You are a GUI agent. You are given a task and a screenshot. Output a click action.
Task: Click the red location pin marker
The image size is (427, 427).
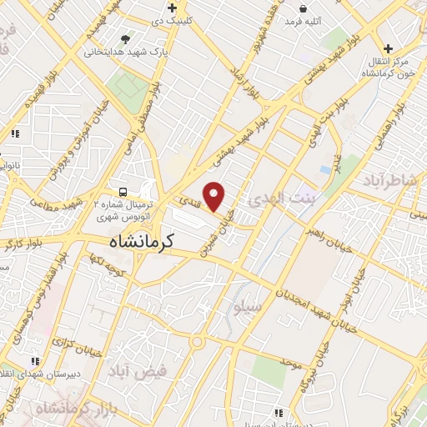coord(214,197)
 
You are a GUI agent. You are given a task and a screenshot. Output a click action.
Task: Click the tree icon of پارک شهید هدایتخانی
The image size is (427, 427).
coord(125,38)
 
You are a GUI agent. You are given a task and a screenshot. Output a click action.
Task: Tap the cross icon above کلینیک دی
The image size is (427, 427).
coord(172,8)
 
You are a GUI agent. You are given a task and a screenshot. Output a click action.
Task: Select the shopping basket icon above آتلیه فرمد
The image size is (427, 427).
coord(304,7)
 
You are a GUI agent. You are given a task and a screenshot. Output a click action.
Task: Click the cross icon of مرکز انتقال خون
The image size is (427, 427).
coord(388,49)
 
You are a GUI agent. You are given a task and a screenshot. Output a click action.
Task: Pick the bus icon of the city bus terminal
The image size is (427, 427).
coord(123,190)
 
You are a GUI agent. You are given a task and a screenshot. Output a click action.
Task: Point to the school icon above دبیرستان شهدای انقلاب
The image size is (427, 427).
coord(35,361)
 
